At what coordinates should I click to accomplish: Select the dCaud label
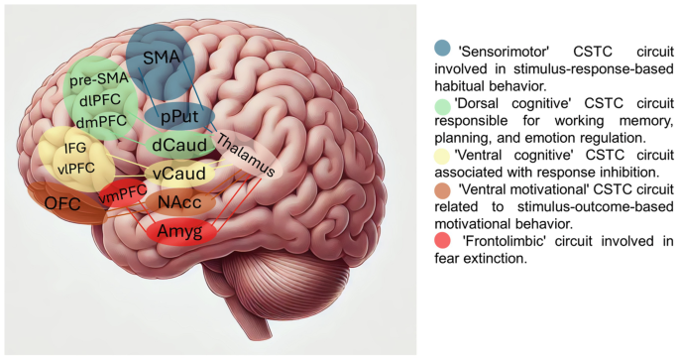point(179,145)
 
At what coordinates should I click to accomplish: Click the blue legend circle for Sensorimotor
point(443,48)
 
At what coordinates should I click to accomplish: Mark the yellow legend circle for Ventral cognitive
point(443,156)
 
